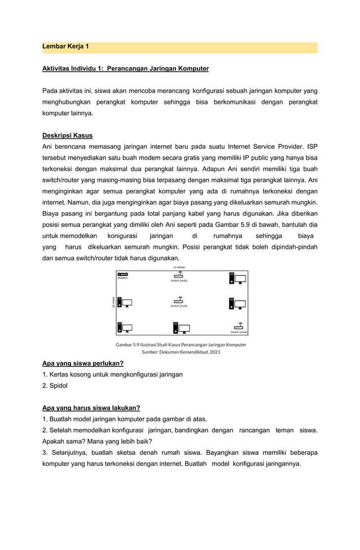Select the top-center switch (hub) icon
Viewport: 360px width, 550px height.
click(179, 275)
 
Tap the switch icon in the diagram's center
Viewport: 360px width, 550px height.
click(179, 301)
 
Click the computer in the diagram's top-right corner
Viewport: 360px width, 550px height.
click(237, 278)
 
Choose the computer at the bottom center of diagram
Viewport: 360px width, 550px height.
click(180, 328)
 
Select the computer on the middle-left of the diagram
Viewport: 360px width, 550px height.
click(124, 303)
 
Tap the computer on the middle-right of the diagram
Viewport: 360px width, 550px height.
click(237, 303)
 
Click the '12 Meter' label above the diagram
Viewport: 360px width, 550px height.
click(179, 267)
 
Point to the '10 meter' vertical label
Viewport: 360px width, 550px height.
click(113, 302)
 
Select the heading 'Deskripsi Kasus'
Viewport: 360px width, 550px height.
click(67, 135)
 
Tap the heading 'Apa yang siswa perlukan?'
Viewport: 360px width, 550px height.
click(83, 363)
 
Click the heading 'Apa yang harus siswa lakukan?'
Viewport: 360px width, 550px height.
click(91, 408)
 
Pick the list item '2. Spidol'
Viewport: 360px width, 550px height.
click(55, 385)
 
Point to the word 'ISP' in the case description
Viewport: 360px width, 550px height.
click(311, 147)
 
